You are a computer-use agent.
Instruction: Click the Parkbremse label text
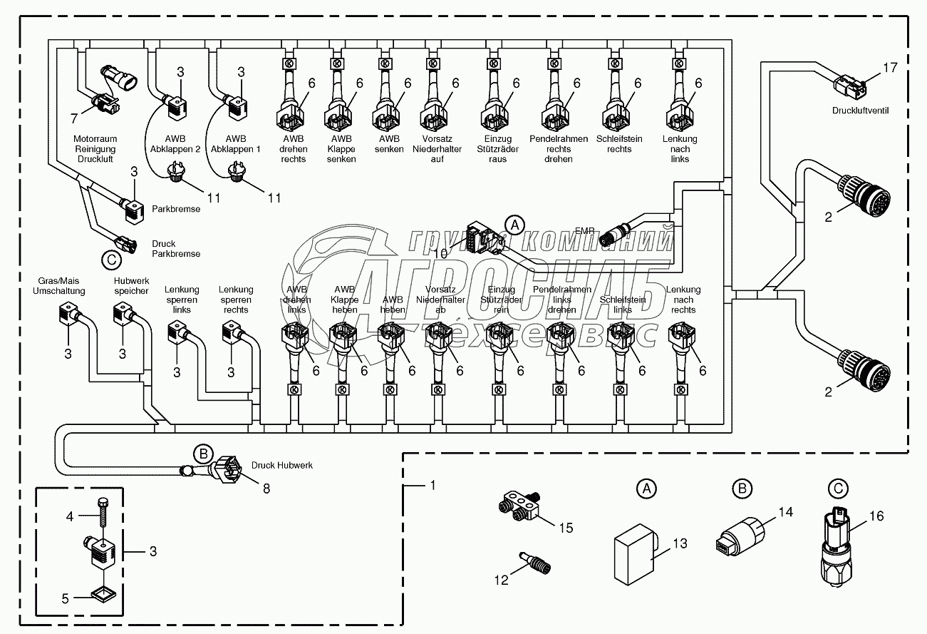(x=176, y=210)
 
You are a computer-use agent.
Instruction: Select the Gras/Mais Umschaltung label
(x=59, y=286)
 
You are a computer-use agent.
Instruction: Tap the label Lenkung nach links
(x=680, y=149)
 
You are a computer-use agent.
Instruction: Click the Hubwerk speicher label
(x=131, y=286)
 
